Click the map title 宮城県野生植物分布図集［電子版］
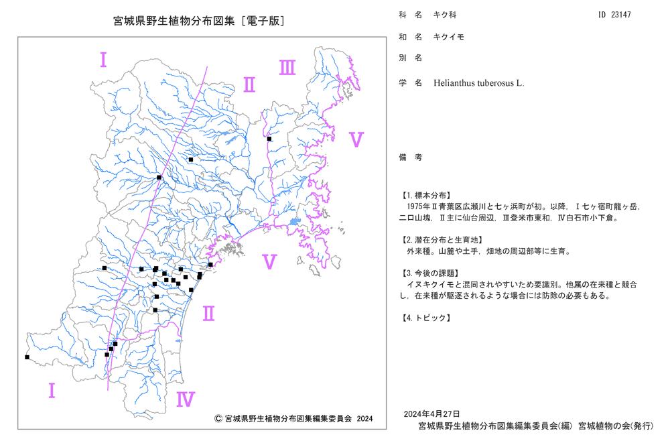[199, 21]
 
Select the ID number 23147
[620, 15]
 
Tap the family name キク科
[445, 15]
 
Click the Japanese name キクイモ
[449, 37]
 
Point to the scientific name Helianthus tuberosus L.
[478, 83]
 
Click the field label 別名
[411, 58]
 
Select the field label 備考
[411, 157]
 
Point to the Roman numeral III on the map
[287, 68]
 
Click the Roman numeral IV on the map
[186, 399]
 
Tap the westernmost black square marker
[27, 357]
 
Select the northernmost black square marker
[269, 139]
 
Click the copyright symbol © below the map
[218, 419]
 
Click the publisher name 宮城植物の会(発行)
[616, 426]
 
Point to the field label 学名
[411, 83]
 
